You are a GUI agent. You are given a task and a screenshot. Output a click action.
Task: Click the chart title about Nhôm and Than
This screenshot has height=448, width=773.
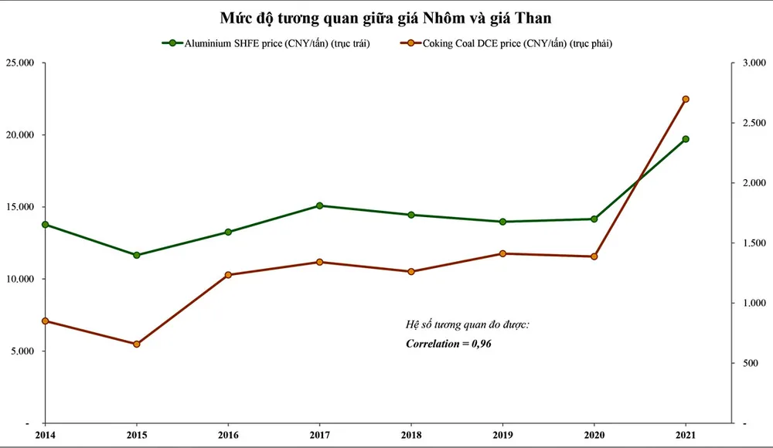click(x=386, y=16)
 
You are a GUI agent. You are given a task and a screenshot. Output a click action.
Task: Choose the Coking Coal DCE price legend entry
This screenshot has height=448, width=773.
click(x=507, y=43)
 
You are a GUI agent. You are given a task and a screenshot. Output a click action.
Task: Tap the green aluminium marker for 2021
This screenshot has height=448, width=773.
click(x=685, y=139)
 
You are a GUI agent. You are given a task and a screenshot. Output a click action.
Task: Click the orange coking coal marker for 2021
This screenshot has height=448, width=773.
click(x=685, y=99)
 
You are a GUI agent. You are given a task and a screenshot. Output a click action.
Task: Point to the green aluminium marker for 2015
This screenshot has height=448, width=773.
click(x=137, y=255)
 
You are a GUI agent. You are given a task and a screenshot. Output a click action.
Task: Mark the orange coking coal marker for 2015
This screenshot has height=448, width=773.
click(x=137, y=344)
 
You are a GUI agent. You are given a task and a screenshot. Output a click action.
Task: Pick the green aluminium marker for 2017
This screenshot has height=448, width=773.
click(x=319, y=205)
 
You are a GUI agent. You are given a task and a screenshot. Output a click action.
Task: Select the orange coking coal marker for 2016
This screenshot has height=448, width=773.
click(x=228, y=275)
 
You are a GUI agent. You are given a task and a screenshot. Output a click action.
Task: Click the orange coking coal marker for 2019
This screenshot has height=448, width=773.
click(x=502, y=253)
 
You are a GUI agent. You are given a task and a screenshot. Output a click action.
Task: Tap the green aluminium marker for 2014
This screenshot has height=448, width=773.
click(x=46, y=225)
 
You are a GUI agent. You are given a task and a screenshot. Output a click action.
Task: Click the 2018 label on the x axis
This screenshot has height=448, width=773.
click(x=410, y=436)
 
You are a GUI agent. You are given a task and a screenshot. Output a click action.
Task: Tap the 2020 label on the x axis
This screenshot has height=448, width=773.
click(x=594, y=436)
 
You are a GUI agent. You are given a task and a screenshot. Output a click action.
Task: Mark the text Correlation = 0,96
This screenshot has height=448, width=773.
click(x=448, y=344)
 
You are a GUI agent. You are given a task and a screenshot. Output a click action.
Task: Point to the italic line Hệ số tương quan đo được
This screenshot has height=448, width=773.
click(x=468, y=324)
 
